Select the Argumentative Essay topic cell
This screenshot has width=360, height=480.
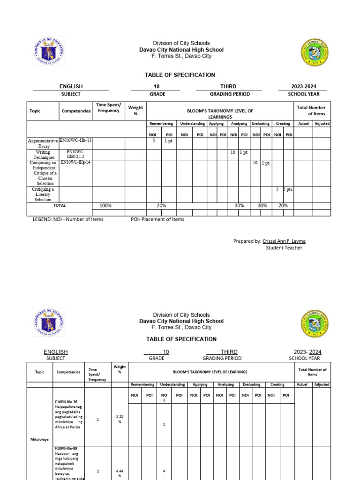click(x=43, y=143)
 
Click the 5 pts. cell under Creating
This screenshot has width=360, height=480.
click(x=288, y=189)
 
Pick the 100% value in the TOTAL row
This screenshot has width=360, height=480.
click(x=105, y=206)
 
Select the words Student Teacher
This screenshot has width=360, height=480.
click(x=284, y=248)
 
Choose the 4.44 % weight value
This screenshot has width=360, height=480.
click(x=120, y=473)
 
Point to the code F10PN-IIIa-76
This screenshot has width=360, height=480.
click(x=66, y=402)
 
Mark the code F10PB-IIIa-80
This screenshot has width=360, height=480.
click(x=66, y=449)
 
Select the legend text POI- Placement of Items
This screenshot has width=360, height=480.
click(x=157, y=219)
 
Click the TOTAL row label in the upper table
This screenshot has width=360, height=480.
click(x=60, y=206)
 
